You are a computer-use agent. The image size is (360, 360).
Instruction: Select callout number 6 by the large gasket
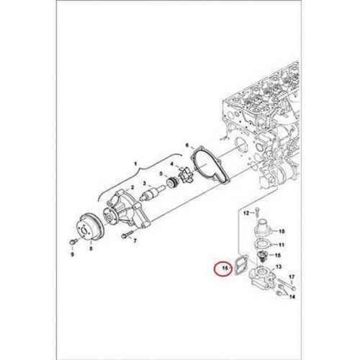(187, 145)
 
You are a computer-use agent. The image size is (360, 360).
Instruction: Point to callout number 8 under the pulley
(91, 248)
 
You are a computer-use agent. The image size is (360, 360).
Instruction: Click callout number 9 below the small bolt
(72, 253)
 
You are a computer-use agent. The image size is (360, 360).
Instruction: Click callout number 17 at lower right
(291, 276)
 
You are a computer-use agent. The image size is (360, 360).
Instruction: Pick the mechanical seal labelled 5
(171, 185)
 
